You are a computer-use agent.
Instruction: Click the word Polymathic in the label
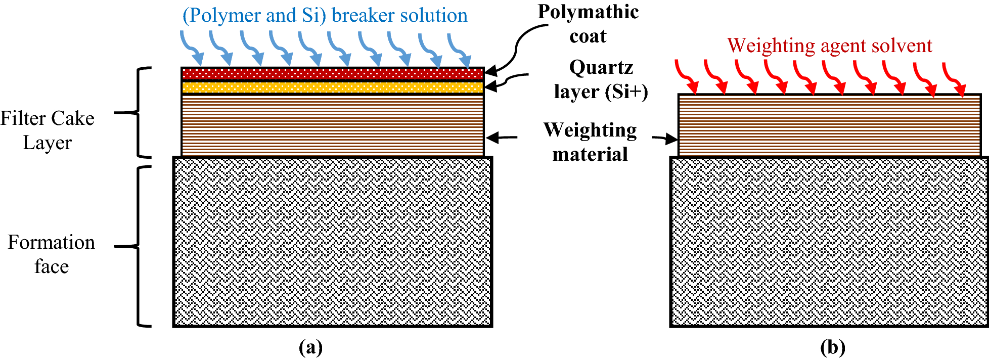point(588,12)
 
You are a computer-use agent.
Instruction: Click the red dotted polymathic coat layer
point(332,74)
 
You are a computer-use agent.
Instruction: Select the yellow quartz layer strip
point(332,87)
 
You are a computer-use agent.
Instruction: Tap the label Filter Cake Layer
point(47,130)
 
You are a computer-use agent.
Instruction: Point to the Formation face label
point(51,254)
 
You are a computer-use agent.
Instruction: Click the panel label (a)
point(310,347)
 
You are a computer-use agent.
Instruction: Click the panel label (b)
point(832,347)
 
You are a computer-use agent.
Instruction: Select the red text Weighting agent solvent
point(829,46)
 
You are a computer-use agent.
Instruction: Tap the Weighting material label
point(590,142)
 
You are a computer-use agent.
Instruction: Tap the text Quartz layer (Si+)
point(601,79)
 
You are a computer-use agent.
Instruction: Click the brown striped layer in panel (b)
point(829,125)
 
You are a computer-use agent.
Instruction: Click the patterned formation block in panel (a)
point(332,242)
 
